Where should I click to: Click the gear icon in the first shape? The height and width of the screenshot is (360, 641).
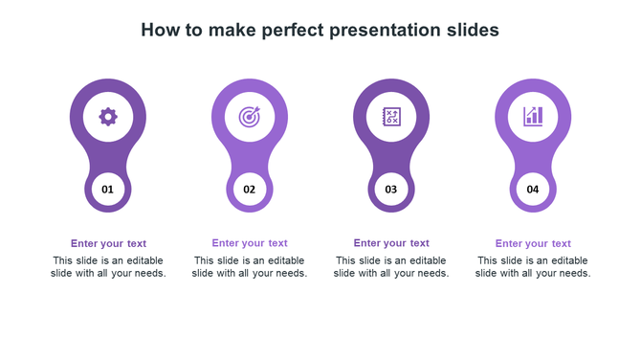(108, 117)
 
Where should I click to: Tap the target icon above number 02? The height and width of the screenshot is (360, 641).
(250, 117)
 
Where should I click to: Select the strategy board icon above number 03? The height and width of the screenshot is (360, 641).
(391, 117)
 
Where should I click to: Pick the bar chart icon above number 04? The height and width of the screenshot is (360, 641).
(533, 117)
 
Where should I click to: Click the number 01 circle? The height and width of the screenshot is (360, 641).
(108, 190)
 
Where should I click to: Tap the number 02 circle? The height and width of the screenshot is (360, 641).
(250, 190)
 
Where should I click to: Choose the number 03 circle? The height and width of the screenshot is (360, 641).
(391, 190)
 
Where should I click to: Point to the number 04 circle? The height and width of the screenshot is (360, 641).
(533, 190)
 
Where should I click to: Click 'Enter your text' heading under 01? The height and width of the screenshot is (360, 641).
(108, 243)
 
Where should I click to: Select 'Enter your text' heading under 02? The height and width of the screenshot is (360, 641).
(250, 243)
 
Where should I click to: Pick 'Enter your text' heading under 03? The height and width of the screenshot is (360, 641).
(391, 243)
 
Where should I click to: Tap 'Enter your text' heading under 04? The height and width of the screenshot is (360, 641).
(533, 244)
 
